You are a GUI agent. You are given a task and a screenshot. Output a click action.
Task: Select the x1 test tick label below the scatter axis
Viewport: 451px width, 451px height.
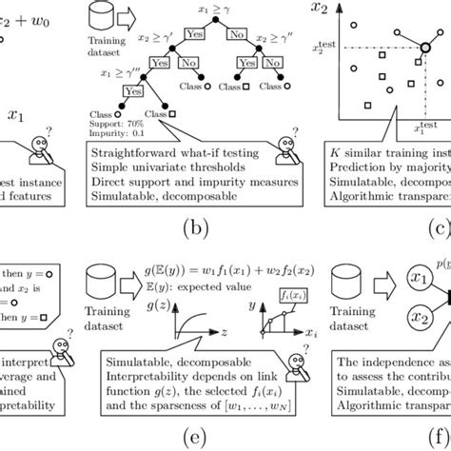pos(419,124)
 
